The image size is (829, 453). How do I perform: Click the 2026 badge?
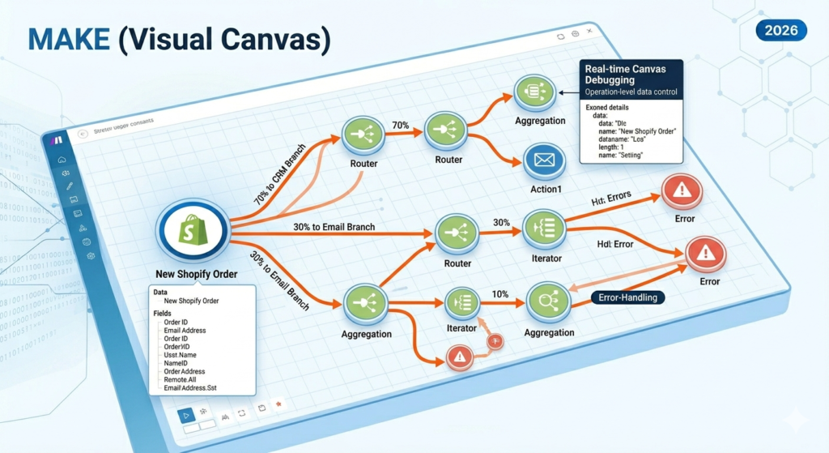point(780,31)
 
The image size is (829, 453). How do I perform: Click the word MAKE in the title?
point(63,40)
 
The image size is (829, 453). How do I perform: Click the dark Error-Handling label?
point(628,297)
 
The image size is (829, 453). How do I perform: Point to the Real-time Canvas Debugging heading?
point(630,75)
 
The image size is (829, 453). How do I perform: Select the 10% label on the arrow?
point(499,293)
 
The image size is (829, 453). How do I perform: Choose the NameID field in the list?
point(176,363)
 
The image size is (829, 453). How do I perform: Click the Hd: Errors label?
point(614,199)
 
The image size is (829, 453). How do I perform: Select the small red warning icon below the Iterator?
point(460,357)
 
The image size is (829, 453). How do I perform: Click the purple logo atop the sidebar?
point(56,140)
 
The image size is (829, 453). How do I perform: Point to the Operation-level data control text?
point(631,92)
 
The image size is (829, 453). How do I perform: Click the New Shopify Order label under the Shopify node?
point(198,274)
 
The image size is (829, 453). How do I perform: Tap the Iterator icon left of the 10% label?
point(462,302)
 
